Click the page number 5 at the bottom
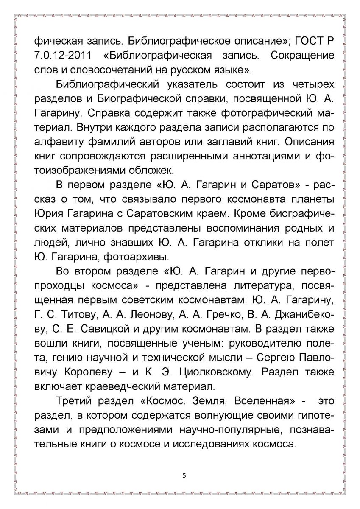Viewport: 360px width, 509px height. click(x=184, y=475)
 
